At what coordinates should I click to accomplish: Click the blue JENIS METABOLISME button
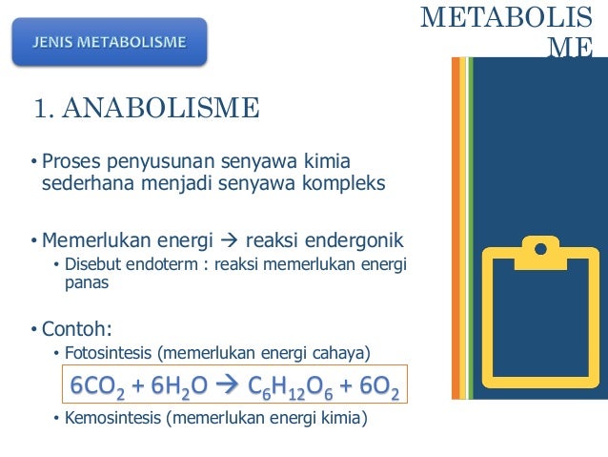[110, 42]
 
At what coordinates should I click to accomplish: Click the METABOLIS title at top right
[512, 17]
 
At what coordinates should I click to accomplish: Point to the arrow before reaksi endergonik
[230, 239]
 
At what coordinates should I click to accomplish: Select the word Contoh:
[76, 330]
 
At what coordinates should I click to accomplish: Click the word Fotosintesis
[108, 354]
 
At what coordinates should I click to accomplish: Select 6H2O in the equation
[172, 385]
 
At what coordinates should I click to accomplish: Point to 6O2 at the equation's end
[376, 385]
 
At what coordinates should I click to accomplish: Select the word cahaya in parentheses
[337, 354]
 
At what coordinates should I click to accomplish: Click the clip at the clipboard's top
[539, 250]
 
